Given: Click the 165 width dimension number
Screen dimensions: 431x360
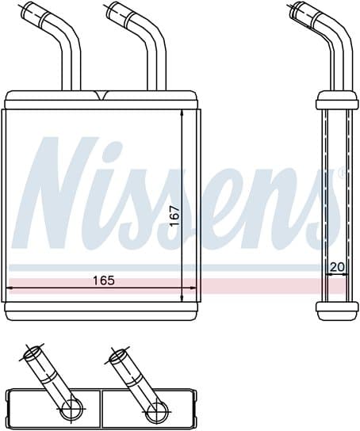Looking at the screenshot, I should coord(102,280).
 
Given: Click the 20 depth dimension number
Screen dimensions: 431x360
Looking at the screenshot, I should coord(336,267).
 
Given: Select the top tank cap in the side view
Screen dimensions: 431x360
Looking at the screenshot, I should coord(332,101).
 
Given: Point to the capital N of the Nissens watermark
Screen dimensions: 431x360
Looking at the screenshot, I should coord(59,194).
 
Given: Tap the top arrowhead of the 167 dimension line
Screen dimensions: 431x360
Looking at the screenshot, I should coord(183,113).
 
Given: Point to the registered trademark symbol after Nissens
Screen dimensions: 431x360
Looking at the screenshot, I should coord(342,171).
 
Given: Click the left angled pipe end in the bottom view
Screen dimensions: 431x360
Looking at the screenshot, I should coord(36,357).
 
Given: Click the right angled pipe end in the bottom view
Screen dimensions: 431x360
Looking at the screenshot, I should coord(121,357).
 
